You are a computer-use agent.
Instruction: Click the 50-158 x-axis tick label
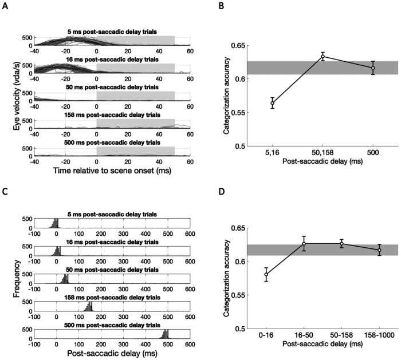tap(341, 338)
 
